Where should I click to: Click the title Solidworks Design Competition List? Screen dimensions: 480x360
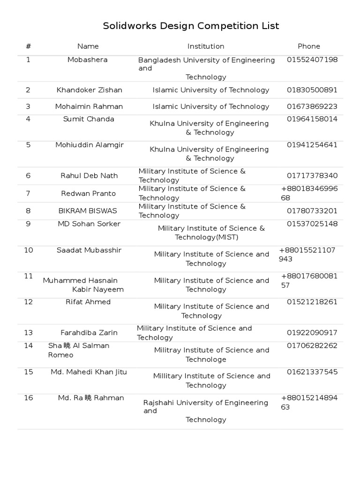(x=191, y=26)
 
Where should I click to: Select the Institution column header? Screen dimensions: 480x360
(x=206, y=46)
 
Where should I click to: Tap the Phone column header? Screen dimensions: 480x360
(x=309, y=46)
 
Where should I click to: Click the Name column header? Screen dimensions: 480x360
(x=88, y=46)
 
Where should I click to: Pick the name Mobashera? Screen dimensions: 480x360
(x=88, y=60)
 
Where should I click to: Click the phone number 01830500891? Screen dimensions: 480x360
(x=312, y=90)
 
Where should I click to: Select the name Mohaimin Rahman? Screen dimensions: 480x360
(x=89, y=106)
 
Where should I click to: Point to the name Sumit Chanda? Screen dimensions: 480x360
(x=89, y=119)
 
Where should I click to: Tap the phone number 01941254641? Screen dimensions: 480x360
(x=312, y=145)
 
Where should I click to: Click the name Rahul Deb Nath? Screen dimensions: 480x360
(x=89, y=176)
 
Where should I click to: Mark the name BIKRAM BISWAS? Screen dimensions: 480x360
(x=88, y=211)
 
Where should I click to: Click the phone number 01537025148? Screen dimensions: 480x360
(x=312, y=224)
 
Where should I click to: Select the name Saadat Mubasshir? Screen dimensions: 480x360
(x=89, y=250)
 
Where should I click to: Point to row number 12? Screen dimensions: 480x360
(x=29, y=302)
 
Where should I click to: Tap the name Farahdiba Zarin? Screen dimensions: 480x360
(x=89, y=333)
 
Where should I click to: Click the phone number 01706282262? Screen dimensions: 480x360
(x=312, y=346)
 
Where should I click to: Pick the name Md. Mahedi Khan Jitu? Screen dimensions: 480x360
(x=89, y=372)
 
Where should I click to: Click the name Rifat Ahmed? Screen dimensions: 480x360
(x=88, y=302)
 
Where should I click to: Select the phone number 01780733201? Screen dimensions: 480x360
(x=312, y=211)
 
